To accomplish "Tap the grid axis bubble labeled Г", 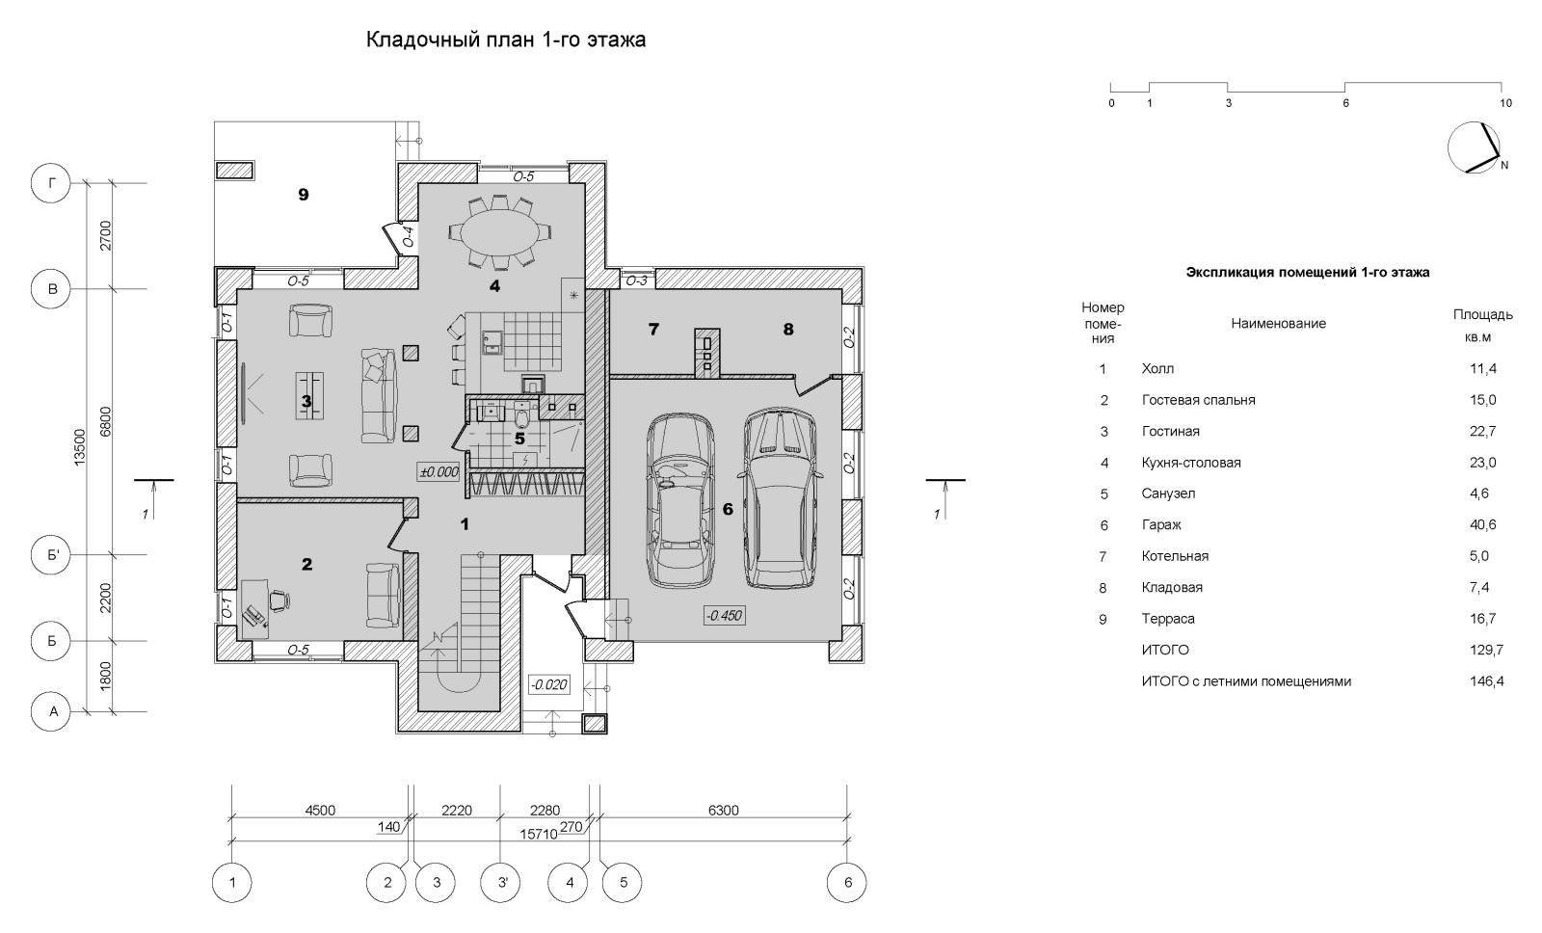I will click(54, 183).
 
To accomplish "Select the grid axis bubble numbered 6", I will click(847, 882).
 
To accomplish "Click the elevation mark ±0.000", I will click(439, 472).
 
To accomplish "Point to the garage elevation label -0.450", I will click(724, 615).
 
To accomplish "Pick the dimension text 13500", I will click(81, 448).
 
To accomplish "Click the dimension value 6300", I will click(723, 811).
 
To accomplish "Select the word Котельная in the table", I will click(1175, 556).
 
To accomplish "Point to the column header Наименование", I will click(1278, 324).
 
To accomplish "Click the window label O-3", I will click(635, 281).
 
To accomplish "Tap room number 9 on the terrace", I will click(303, 195).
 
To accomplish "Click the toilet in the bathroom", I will click(521, 417).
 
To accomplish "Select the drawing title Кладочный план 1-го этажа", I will click(505, 40).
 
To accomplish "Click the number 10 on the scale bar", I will click(1505, 103).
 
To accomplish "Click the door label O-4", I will click(408, 236).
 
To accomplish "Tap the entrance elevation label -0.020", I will click(548, 685).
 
